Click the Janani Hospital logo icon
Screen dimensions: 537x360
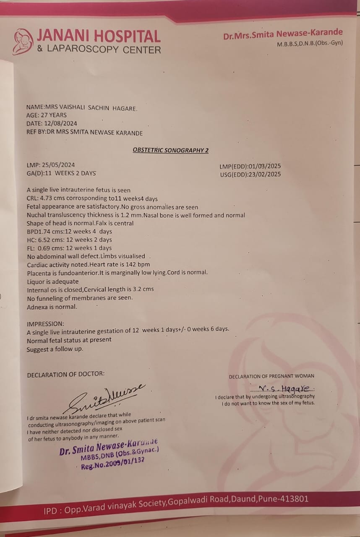pyautogui.click(x=23, y=42)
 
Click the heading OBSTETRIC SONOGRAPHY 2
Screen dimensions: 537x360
pyautogui.click(x=170, y=150)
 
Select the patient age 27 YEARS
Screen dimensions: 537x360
pyautogui.click(x=52, y=115)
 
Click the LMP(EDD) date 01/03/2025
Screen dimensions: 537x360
pyautogui.click(x=264, y=167)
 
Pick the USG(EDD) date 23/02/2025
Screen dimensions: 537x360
pyautogui.click(x=264, y=175)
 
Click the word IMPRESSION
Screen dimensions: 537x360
pyautogui.click(x=45, y=324)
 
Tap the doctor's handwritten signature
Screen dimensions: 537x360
pyautogui.click(x=105, y=396)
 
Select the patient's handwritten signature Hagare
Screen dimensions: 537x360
pyautogui.click(x=285, y=388)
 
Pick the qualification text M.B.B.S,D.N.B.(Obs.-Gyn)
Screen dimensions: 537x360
pyautogui.click(x=310, y=43)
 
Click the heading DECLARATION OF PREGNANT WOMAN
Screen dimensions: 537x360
pyautogui.click(x=271, y=376)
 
